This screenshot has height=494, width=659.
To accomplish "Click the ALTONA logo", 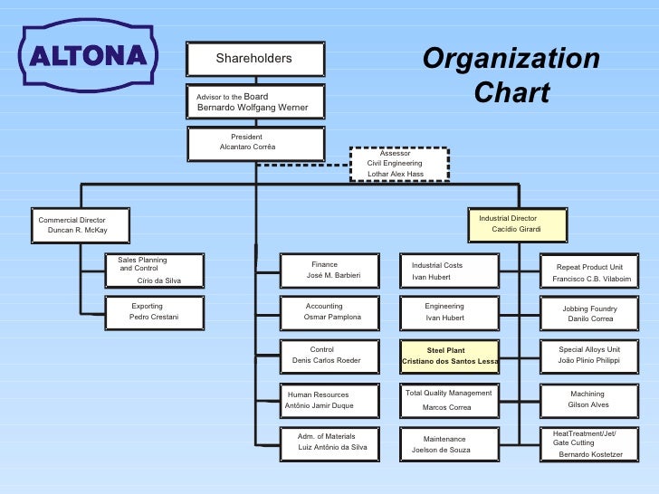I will [x=88, y=56].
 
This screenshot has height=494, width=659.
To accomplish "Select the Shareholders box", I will [x=254, y=59].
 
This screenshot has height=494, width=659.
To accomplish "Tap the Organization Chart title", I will [x=511, y=76].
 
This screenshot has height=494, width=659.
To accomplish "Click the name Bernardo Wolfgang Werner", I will [x=253, y=109].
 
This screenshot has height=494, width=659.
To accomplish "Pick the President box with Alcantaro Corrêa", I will [x=255, y=143].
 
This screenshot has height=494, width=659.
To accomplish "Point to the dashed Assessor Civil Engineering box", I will [x=398, y=164].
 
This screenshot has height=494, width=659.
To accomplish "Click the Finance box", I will [x=326, y=271].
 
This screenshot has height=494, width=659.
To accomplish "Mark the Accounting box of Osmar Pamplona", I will [x=326, y=312].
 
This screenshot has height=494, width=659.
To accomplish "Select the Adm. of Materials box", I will [x=326, y=442].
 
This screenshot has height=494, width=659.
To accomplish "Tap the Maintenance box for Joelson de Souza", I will [x=449, y=444].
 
